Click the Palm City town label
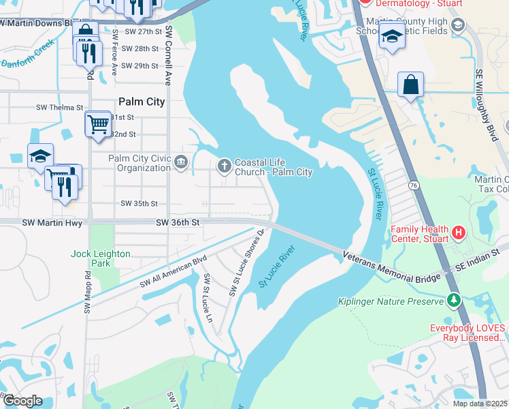pos(142,102)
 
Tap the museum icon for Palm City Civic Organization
pos(182,162)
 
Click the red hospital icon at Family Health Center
pos(459,233)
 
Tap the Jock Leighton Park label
pos(100,258)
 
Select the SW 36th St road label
pos(178,222)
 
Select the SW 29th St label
pos(139,66)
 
